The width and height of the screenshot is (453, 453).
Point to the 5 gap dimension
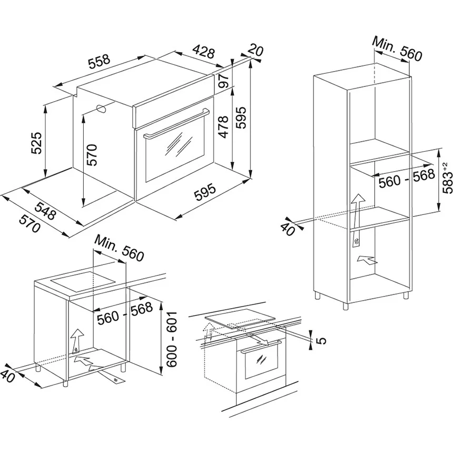[322, 339]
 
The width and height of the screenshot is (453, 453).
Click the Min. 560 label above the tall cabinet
[397, 48]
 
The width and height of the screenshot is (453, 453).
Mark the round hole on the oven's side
[101, 109]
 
